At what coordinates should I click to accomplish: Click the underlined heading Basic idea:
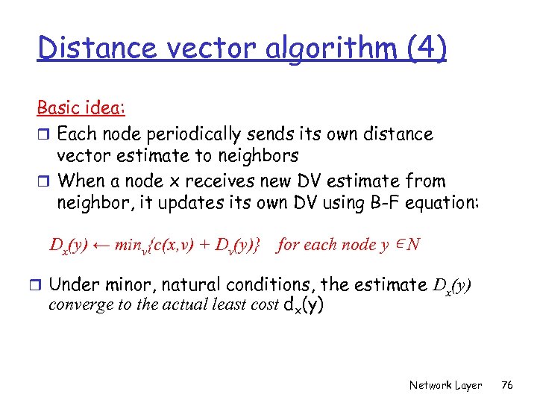pos(81,107)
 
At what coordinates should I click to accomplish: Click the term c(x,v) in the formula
pos(162,245)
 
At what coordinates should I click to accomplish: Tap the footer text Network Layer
pos(445,385)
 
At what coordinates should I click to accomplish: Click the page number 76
pos(507,385)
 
